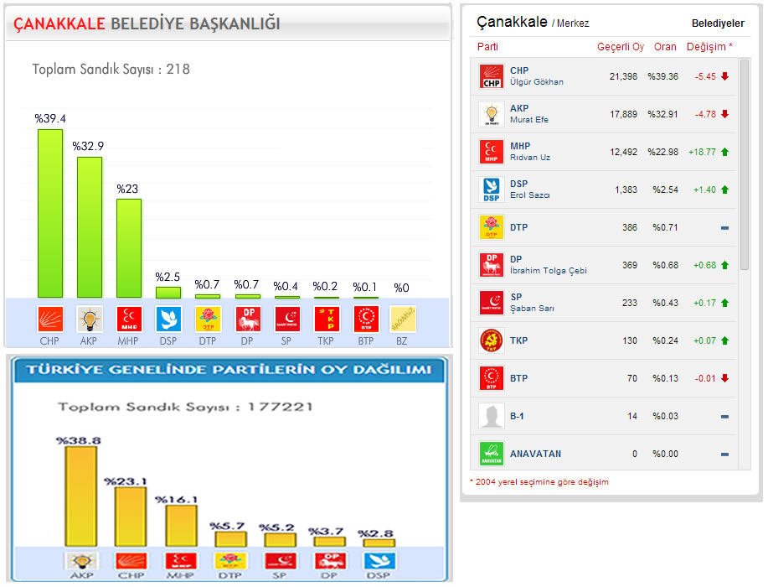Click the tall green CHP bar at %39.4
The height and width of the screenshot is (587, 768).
pyautogui.click(x=50, y=213)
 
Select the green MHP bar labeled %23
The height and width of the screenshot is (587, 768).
pyautogui.click(x=128, y=247)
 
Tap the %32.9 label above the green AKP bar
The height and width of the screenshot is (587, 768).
pyautogui.click(x=88, y=146)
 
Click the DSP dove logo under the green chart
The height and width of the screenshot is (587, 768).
pyautogui.click(x=168, y=319)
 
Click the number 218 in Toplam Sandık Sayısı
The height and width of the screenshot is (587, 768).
pyautogui.click(x=178, y=69)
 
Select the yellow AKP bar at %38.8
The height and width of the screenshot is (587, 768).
pyautogui.click(x=80, y=496)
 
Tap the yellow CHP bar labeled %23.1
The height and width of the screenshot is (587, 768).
pyautogui.click(x=130, y=517)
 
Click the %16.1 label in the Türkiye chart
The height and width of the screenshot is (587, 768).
pyautogui.click(x=176, y=500)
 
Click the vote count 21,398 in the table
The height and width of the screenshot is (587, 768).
pyautogui.click(x=623, y=76)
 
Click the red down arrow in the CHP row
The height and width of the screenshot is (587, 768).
pyautogui.click(x=724, y=76)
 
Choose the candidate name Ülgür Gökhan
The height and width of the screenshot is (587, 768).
pyautogui.click(x=536, y=82)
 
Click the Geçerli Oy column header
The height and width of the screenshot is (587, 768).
pyautogui.click(x=620, y=47)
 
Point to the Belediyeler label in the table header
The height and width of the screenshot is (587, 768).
pyautogui.click(x=718, y=23)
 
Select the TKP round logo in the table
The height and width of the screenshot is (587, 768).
pyautogui.click(x=490, y=340)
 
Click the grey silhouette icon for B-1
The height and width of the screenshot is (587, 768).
pyautogui.click(x=490, y=416)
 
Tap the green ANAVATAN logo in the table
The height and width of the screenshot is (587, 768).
pyautogui.click(x=490, y=454)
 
